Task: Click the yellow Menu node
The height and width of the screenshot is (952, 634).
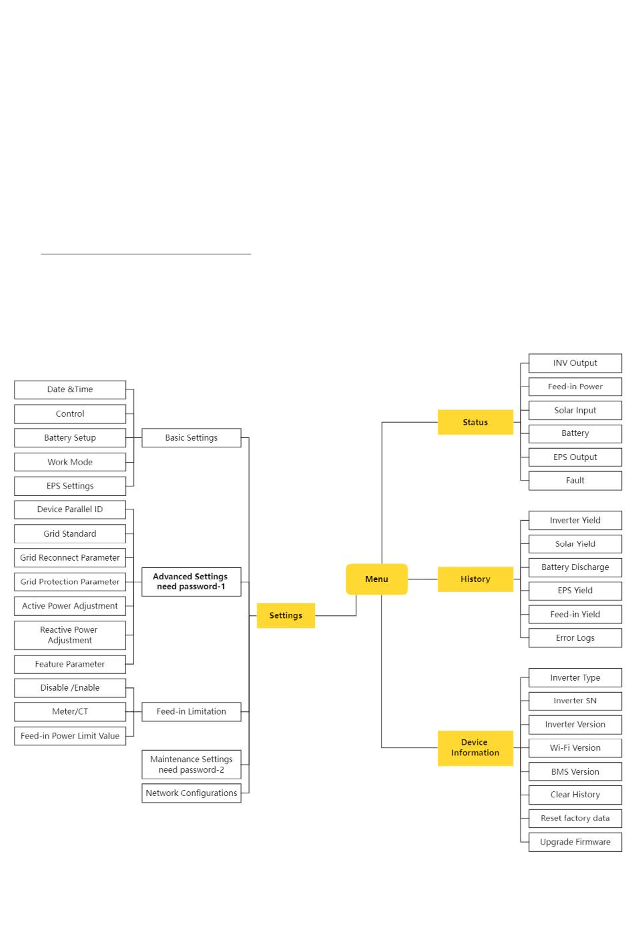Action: coord(376,579)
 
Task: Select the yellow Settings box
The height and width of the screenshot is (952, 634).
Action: coord(286,615)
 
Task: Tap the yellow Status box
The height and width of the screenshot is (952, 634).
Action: coord(475,422)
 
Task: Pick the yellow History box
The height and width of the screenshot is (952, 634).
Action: coord(475,579)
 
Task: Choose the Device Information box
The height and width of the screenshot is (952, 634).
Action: coord(475,747)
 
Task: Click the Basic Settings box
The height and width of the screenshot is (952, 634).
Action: coord(192,437)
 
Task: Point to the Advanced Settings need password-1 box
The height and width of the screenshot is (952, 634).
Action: coord(192,581)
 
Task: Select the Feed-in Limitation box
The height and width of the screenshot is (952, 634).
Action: coord(192,711)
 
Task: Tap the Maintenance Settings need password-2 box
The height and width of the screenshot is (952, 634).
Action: coord(192,764)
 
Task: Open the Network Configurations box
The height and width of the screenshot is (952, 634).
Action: coord(192,793)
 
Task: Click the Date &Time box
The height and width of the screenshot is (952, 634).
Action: coord(70,389)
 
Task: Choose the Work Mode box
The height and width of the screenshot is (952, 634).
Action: coord(70,461)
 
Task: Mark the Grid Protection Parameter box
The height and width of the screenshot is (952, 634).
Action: coord(70,581)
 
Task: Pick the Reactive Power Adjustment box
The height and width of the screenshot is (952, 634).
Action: coord(70,635)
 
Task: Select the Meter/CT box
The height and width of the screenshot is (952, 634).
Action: coord(70,711)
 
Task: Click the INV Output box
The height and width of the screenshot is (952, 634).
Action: coord(575,363)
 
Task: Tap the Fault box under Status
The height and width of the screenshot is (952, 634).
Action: coord(575,480)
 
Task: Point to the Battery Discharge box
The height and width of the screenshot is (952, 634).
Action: coord(575,567)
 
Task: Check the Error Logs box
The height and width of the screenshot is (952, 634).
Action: coord(575,637)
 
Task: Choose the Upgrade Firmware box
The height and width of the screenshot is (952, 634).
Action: coord(575,841)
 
